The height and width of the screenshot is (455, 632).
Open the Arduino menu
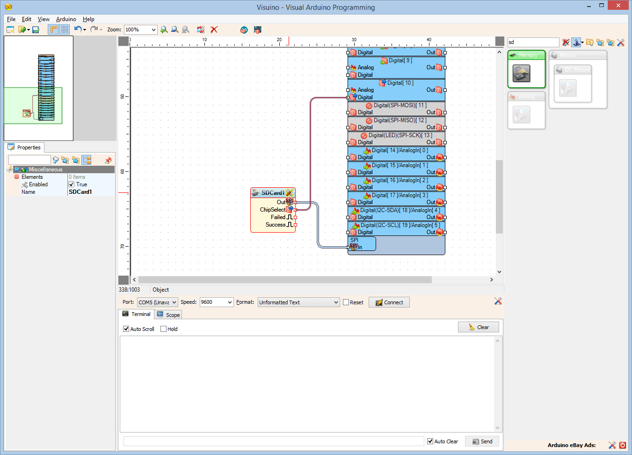click(x=66, y=19)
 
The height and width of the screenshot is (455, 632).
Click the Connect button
click(x=389, y=302)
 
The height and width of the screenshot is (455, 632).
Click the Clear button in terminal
click(x=478, y=327)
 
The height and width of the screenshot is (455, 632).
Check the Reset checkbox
click(x=346, y=302)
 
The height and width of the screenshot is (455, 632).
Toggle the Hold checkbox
click(x=163, y=329)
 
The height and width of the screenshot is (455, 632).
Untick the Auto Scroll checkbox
click(x=126, y=329)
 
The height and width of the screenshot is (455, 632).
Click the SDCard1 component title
click(x=272, y=193)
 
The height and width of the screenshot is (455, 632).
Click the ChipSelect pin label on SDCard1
click(x=272, y=210)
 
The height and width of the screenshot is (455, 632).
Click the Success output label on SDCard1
click(x=275, y=225)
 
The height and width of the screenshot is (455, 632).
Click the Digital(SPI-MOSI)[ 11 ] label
click(x=400, y=105)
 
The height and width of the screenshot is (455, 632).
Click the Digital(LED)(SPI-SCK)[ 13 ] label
click(x=400, y=135)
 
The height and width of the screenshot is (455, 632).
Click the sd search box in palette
click(x=533, y=42)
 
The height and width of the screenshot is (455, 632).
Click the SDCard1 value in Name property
click(x=90, y=192)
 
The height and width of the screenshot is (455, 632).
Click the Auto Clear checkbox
click(x=430, y=441)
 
